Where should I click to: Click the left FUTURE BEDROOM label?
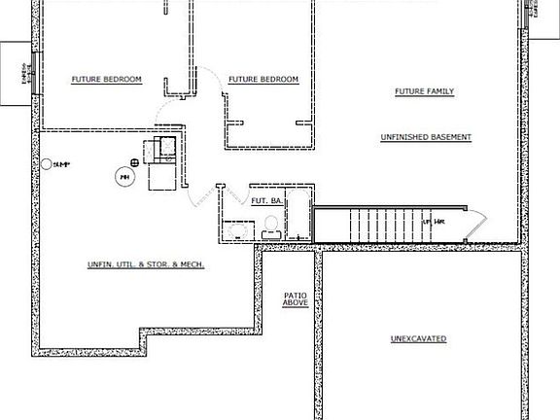pos(107,79)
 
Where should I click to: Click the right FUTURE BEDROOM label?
pos(263,80)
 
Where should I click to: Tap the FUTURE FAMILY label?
pos(424,91)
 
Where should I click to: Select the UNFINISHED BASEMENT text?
pos(426,137)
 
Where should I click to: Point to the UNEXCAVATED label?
pos(418,338)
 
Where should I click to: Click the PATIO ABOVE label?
pos(296,299)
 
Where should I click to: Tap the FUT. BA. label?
pos(266,201)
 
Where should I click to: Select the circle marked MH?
pos(123,177)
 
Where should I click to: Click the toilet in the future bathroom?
pos(271,227)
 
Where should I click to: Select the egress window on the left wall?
pos(30,73)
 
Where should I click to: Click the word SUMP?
pos(62,162)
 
